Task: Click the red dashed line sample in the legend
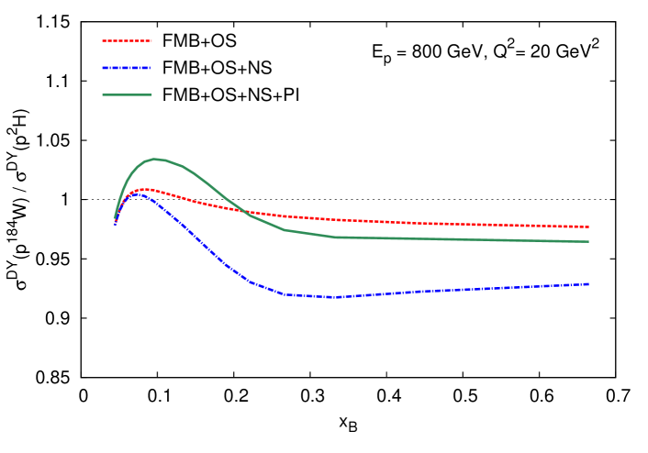pyautogui.click(x=127, y=40)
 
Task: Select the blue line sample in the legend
pyautogui.click(x=127, y=67)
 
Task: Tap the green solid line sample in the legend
pyautogui.click(x=127, y=94)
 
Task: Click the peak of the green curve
pyautogui.click(x=156, y=159)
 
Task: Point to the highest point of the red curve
pyautogui.click(x=143, y=189)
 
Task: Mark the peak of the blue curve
pyautogui.click(x=139, y=194)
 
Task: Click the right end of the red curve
pyautogui.click(x=588, y=226)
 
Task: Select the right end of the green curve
pyautogui.click(x=588, y=241)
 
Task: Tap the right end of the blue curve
pyautogui.click(x=588, y=284)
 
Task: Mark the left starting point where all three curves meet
pyautogui.click(x=115, y=221)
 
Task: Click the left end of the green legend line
pyautogui.click(x=103, y=94)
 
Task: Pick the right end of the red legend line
pyautogui.click(x=151, y=40)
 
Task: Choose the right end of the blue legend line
pyautogui.click(x=151, y=67)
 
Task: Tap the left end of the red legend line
pyautogui.click(x=103, y=40)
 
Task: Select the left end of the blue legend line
pyautogui.click(x=103, y=67)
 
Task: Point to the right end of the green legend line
pyautogui.click(x=151, y=94)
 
